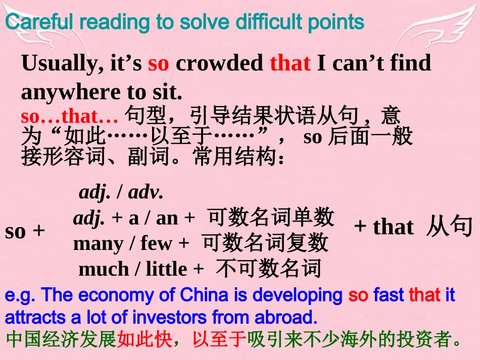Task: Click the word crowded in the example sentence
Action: tap(219, 64)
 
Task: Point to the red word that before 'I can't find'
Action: tap(290, 64)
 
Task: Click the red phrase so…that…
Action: tap(70, 117)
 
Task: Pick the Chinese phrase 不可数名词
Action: tap(268, 269)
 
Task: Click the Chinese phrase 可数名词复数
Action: tap(265, 243)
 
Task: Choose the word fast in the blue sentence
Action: tap(389, 295)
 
